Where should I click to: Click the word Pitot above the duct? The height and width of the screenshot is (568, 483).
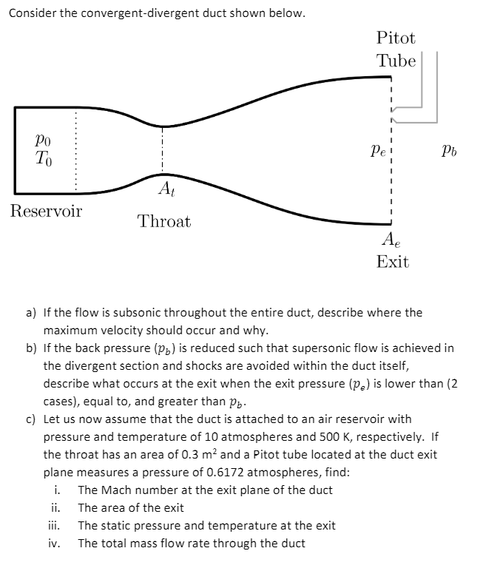396,38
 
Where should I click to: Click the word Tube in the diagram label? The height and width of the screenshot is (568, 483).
396,61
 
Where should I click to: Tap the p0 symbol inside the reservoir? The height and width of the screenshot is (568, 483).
43,138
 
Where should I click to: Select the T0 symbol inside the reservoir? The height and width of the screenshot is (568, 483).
43,157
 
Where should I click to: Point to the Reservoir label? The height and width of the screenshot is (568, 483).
46,211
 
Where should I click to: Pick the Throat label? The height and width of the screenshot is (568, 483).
164,221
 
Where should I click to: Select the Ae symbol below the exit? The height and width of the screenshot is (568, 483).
390,239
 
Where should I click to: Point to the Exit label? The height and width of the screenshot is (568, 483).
392,262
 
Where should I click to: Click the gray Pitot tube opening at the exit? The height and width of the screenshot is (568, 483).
396,113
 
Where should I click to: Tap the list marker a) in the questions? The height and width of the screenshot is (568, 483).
32,312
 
